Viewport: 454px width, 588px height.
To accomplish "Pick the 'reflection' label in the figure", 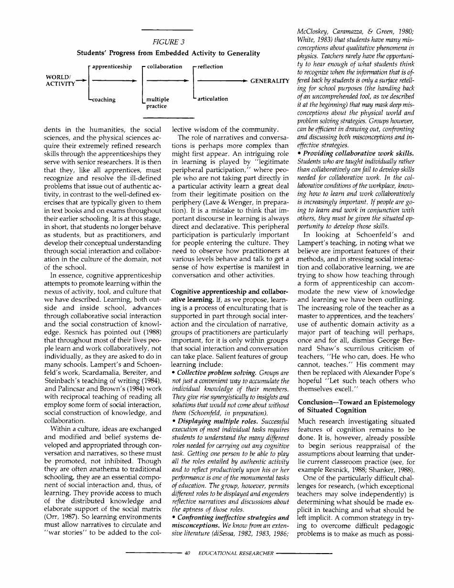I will click(x=210, y=66).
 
